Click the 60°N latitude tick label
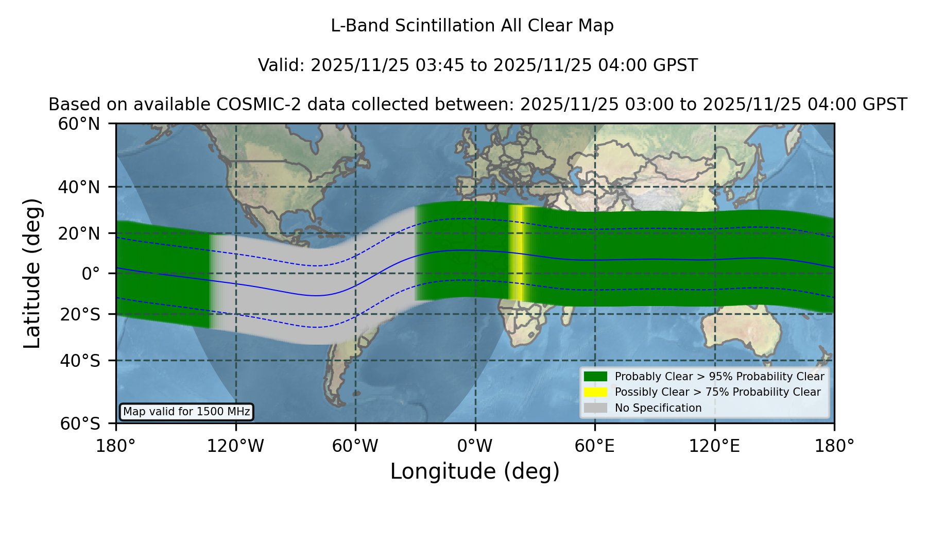pyautogui.click(x=79, y=124)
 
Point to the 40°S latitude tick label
pyautogui.click(x=80, y=361)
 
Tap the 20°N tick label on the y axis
pyautogui.click(x=79, y=233)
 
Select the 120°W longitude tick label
pyautogui.click(x=235, y=446)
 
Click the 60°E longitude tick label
pyautogui.click(x=595, y=446)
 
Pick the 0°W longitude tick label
pyautogui.click(x=475, y=446)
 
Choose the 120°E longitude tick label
pyautogui.click(x=714, y=446)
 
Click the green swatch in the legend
pyautogui.click(x=595, y=377)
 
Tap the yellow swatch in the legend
pyautogui.click(x=595, y=392)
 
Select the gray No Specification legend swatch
pyautogui.click(x=595, y=408)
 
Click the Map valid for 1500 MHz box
pyautogui.click(x=186, y=412)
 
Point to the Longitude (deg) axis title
pyautogui.click(x=475, y=471)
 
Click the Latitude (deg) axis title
pyautogui.click(x=32, y=273)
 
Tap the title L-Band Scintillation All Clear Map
pyautogui.click(x=472, y=26)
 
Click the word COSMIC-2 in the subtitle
pyautogui.click(x=251, y=105)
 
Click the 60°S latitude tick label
pyautogui.click(x=80, y=424)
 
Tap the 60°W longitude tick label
pyautogui.click(x=355, y=446)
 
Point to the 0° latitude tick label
pyautogui.click(x=91, y=274)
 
